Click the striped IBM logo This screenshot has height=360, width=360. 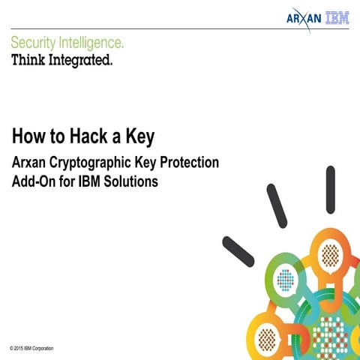(x=337, y=17)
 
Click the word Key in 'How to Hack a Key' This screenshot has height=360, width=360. (x=141, y=136)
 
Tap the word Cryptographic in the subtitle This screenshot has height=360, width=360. (x=103, y=163)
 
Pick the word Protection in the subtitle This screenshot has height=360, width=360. (x=191, y=163)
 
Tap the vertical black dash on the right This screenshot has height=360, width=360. (x=330, y=190)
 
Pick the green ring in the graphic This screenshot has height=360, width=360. (x=284, y=281)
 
